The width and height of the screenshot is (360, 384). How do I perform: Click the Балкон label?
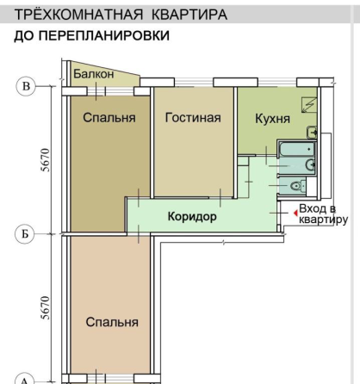tap(94, 74)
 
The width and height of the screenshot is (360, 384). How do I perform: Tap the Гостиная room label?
tap(193, 118)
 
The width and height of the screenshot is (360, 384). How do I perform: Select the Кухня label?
tap(272, 119)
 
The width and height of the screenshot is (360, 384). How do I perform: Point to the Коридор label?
tap(192, 216)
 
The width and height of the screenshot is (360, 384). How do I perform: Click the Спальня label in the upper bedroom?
tap(109, 118)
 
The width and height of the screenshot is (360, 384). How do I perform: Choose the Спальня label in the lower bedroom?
tap(112, 322)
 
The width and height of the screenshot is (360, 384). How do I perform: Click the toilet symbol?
tap(296, 186)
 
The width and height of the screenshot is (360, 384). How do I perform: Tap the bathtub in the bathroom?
tap(297, 149)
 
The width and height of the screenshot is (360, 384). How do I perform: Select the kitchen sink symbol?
tap(312, 133)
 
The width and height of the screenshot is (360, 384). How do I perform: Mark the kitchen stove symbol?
tap(309, 105)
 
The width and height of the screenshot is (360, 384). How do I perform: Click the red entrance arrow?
tap(295, 214)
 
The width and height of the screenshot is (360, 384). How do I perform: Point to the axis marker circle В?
tap(26, 86)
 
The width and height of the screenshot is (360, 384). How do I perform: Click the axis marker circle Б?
tap(25, 234)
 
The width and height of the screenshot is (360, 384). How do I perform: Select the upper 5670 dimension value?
tap(45, 160)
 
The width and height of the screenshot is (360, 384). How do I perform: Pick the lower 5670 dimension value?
tap(45, 307)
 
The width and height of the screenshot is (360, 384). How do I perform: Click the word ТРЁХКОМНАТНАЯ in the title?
tap(78, 15)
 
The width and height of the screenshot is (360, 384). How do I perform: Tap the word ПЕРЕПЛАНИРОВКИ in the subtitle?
tap(103, 35)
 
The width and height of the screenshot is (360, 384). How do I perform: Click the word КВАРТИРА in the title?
tap(189, 15)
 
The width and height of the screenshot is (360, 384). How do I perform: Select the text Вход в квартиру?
tap(323, 214)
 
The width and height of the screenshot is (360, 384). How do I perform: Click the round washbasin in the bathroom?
tap(310, 164)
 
